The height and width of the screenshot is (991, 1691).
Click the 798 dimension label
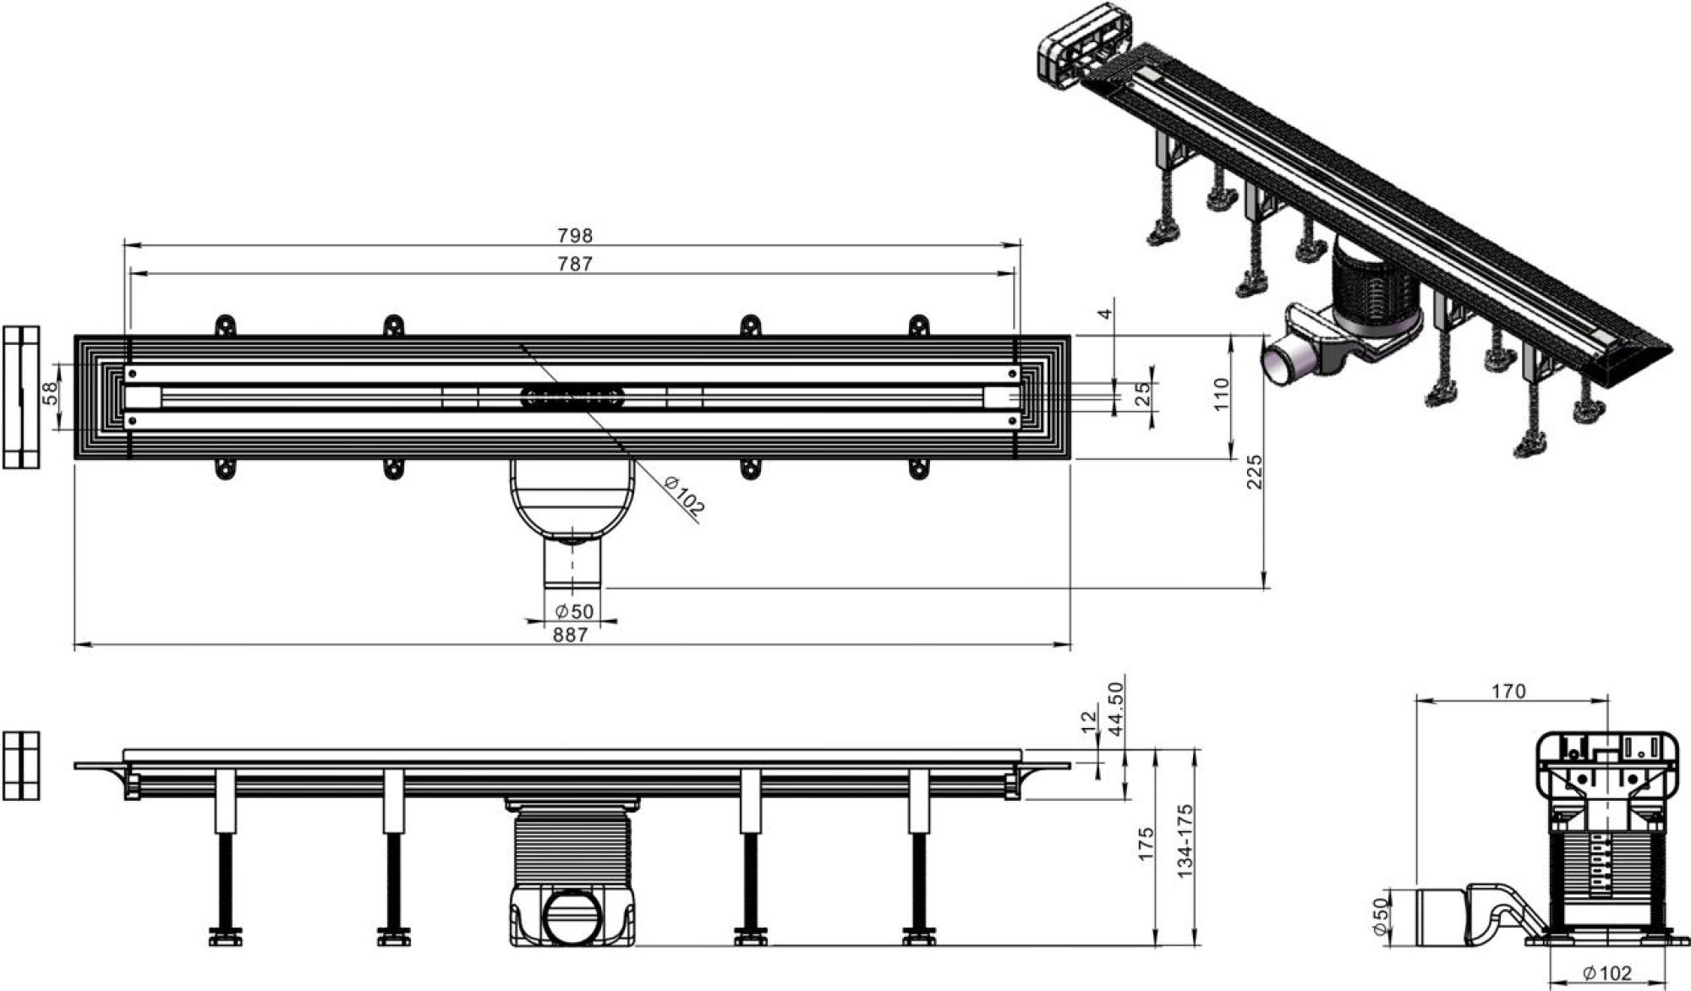[575, 235]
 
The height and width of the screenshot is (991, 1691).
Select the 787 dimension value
[575, 264]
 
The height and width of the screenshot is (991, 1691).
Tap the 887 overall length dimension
[571, 635]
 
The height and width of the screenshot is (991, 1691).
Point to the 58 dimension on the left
[51, 394]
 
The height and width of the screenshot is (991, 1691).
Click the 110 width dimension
[1221, 394]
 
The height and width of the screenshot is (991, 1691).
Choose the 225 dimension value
[1255, 472]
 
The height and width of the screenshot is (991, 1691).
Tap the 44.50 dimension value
[1116, 709]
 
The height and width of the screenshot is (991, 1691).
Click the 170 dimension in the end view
[1508, 692]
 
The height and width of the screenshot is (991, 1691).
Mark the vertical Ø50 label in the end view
[1380, 917]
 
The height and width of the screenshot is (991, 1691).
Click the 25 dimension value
[1143, 394]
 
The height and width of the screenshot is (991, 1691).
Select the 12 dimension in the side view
[1088, 720]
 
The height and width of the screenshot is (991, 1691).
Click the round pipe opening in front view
[572, 917]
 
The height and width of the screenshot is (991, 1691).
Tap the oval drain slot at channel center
[572, 395]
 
